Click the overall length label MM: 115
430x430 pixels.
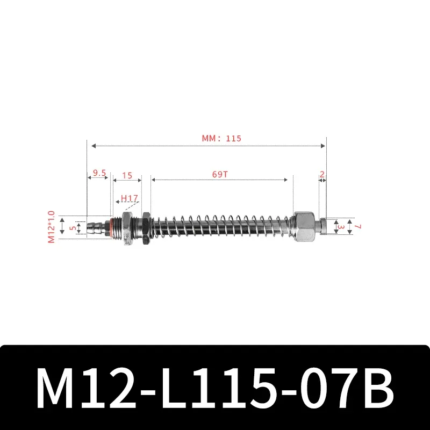point(221,138)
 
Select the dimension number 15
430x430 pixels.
point(127,175)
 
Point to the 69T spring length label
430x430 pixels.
point(220,175)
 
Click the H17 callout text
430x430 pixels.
point(129,198)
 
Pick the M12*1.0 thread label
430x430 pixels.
point(52,226)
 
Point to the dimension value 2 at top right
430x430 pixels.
point(321,174)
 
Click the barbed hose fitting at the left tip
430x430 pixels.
point(95,226)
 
